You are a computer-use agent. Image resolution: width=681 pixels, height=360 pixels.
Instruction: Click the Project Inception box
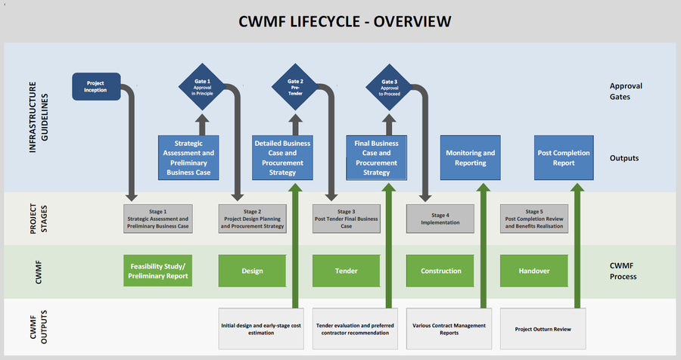click(96, 86)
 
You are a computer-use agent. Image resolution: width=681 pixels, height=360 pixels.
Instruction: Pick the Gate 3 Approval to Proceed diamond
click(389, 86)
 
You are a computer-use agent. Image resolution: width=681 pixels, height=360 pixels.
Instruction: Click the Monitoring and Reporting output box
click(471, 157)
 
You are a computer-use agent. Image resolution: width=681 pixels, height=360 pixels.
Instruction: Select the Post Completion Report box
click(564, 157)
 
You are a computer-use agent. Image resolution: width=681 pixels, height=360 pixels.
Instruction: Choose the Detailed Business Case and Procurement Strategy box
click(281, 157)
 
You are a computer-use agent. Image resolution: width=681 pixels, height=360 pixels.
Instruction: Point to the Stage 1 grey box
click(157, 219)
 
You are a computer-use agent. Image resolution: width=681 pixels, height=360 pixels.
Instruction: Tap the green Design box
click(252, 271)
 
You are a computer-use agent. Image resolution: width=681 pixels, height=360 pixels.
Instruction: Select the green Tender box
click(346, 271)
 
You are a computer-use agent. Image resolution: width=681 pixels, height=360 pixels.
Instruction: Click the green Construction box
click(440, 271)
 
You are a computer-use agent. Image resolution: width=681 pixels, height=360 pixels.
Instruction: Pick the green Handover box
click(533, 271)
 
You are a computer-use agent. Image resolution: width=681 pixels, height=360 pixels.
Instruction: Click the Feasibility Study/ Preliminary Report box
click(157, 271)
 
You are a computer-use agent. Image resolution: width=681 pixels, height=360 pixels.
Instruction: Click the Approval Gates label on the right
click(626, 92)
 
